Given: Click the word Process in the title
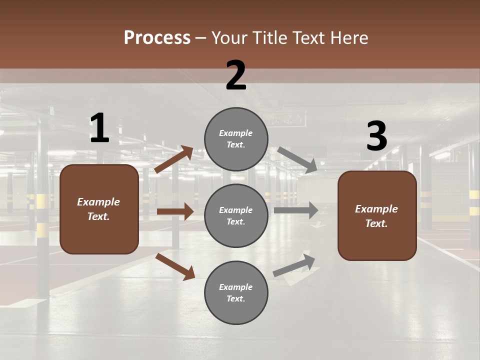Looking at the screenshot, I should [x=157, y=38].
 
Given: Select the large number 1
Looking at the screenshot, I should [x=99, y=128].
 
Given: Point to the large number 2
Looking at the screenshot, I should [x=236, y=75].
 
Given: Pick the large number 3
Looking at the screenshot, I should [x=376, y=136].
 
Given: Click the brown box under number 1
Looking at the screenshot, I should [x=99, y=209].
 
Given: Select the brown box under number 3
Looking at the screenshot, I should [x=377, y=216].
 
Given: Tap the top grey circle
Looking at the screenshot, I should [x=236, y=139].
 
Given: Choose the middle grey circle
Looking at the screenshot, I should [x=236, y=216].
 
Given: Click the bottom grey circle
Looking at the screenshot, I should [x=236, y=293].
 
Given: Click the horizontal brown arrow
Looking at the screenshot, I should [x=175, y=211].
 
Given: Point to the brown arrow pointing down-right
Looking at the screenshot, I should [x=175, y=266].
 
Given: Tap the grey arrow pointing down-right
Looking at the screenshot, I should [x=297, y=159].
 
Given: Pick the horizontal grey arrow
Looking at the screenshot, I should [x=296, y=210].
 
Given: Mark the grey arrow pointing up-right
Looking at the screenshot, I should [x=294, y=265].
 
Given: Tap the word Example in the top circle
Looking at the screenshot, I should [x=236, y=133].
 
